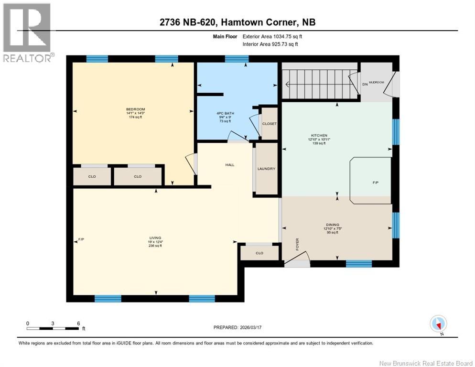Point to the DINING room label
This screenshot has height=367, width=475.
point(332,225)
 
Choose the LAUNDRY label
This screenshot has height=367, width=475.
point(266,169)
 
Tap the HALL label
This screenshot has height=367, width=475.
point(230,165)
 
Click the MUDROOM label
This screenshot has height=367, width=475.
point(376,83)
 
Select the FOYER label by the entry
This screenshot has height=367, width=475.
point(297,244)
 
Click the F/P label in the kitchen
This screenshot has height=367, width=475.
point(376,183)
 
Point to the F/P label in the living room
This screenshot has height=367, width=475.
point(81,239)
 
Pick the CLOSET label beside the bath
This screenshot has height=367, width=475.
point(269,124)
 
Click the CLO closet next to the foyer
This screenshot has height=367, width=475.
point(259,253)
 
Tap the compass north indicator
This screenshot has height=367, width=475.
point(438,324)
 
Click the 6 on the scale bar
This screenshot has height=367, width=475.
point(78,323)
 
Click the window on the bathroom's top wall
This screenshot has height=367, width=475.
point(237,59)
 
